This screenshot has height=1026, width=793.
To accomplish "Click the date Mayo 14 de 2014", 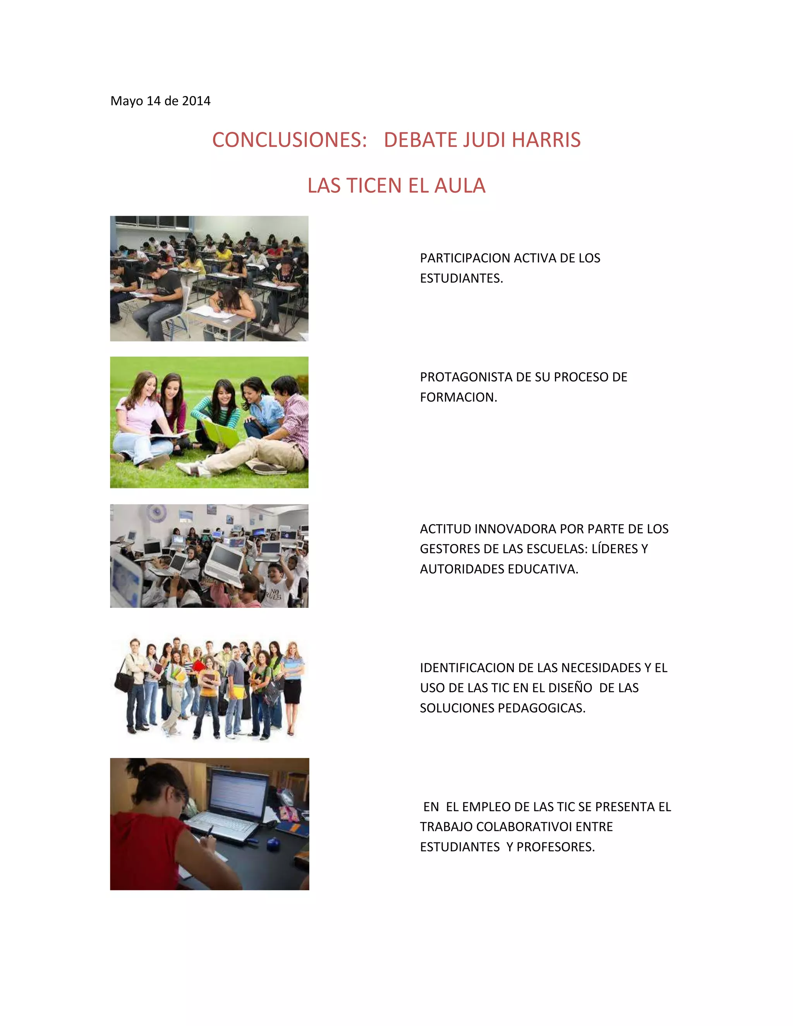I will point(160,101).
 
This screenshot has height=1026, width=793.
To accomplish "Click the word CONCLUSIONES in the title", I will point(289,140).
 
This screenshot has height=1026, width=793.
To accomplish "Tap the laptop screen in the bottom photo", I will point(239,793).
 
